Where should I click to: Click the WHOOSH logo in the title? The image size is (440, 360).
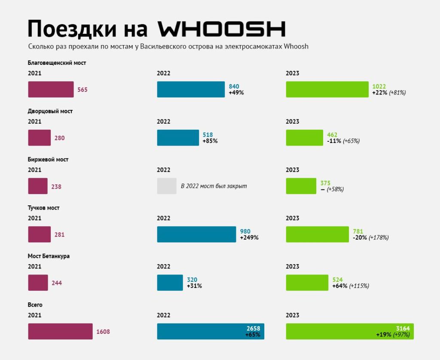point(222,29)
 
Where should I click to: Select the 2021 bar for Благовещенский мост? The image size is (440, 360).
point(51,89)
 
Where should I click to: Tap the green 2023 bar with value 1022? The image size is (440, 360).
point(327,89)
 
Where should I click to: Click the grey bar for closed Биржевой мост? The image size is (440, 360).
point(167,186)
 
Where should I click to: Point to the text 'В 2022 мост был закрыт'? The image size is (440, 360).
point(214,186)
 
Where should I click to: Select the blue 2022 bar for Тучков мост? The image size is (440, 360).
point(196,234)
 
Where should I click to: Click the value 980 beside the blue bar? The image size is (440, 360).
point(245,232)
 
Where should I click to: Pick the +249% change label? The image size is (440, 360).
point(249,238)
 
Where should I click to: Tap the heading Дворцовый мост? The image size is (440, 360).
point(50,111)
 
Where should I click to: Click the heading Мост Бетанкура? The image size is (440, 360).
point(49,256)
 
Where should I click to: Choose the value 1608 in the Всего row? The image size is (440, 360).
point(103,332)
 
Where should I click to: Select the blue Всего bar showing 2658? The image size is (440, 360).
point(211,331)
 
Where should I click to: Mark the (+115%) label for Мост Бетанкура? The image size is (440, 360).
point(359,286)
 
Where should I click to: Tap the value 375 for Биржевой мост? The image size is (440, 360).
point(325,183)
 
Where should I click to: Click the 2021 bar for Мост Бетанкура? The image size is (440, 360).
point(38,283)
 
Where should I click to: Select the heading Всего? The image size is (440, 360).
point(35,305)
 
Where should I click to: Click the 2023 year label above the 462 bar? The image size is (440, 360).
point(292,122)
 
